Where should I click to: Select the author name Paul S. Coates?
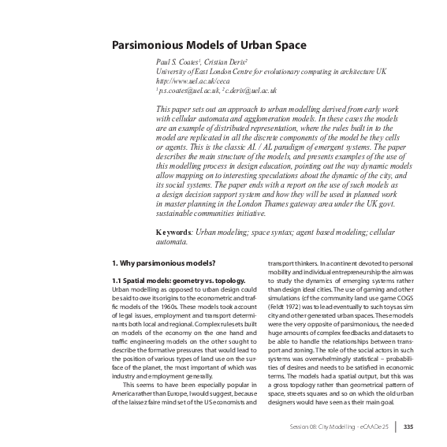[x=178, y=61]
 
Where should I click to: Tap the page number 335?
[x=408, y=427]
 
